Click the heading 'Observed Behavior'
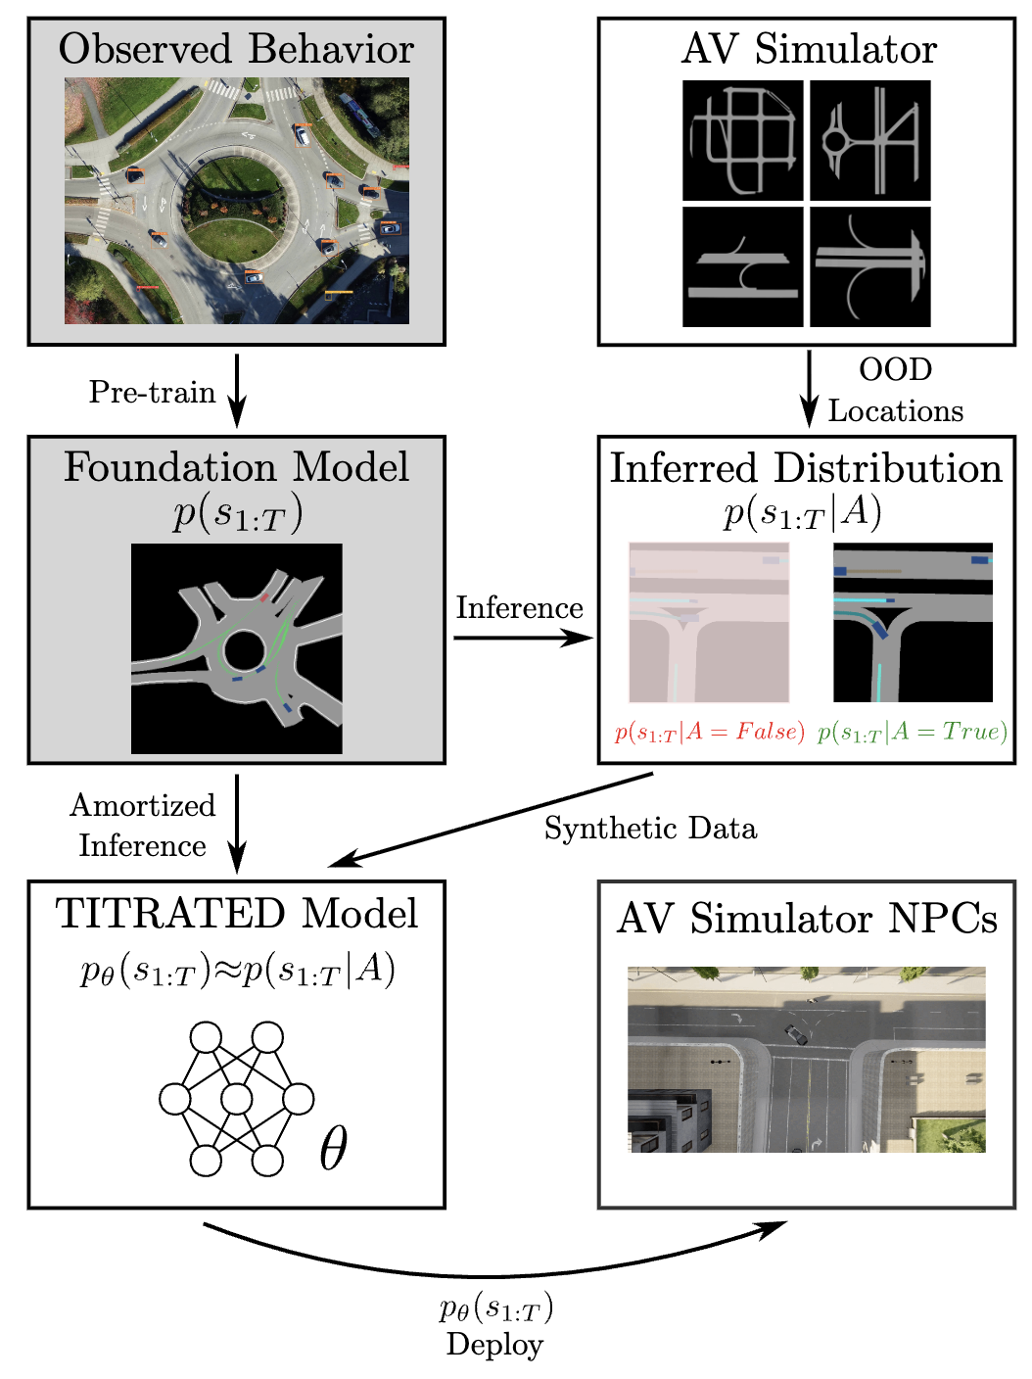pyautogui.click(x=236, y=49)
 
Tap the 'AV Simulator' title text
pyautogui.click(x=808, y=49)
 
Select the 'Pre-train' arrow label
pyautogui.click(x=152, y=392)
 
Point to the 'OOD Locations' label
pyautogui.click(x=895, y=390)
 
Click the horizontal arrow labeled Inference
pyautogui.click(x=523, y=639)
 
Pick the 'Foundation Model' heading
pyautogui.click(x=236, y=467)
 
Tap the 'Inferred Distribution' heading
pyautogui.click(x=806, y=468)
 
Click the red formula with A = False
pyautogui.click(x=710, y=732)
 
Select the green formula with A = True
pyautogui.click(x=912, y=732)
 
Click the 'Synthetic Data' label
pyautogui.click(x=650, y=829)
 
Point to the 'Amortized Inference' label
pyautogui.click(x=143, y=825)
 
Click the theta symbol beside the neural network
pyautogui.click(x=333, y=1147)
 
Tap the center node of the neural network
pyautogui.click(x=237, y=1099)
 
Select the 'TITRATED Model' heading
pyautogui.click(x=236, y=913)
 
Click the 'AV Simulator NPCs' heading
pyautogui.click(x=807, y=919)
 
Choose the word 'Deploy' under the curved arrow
pyautogui.click(x=494, y=1344)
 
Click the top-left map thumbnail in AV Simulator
pyautogui.click(x=742, y=140)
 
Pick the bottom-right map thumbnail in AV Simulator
pyautogui.click(x=870, y=266)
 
